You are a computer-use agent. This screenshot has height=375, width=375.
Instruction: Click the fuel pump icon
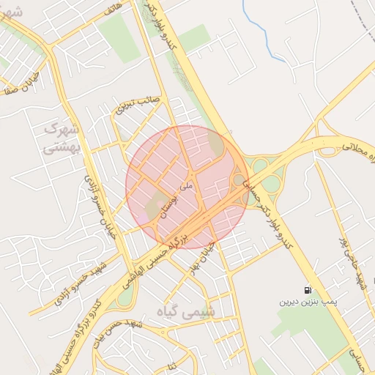[x=305, y=289]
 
